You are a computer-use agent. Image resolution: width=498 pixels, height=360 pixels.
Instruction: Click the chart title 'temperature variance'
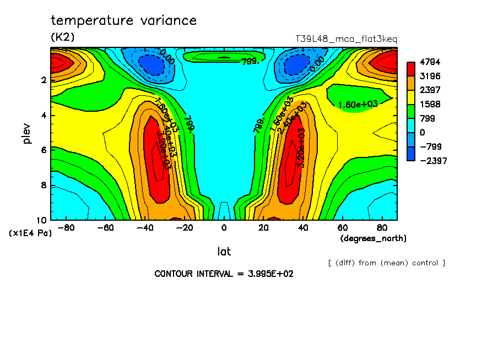point(123,21)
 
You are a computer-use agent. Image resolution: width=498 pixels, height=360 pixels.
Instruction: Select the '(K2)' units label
point(62,37)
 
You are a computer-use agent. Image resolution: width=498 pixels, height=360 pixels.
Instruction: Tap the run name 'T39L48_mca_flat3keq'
point(346,39)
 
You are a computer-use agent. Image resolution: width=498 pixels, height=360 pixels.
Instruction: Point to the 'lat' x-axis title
point(224,252)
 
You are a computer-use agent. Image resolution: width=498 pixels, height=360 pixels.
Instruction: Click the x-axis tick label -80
point(66,228)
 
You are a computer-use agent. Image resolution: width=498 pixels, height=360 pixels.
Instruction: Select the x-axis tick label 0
point(224,228)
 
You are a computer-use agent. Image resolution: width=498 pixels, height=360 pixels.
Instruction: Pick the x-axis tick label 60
point(342,228)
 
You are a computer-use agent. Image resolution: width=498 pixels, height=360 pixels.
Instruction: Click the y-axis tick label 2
point(44,80)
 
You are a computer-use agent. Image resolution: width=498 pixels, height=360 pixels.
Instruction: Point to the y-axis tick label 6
point(44,150)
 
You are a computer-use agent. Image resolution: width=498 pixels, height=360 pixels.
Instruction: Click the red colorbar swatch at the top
point(411,68)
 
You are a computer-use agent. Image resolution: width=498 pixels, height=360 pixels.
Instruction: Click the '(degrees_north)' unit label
point(373,238)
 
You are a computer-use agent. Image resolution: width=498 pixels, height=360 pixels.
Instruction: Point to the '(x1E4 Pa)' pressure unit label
point(30,233)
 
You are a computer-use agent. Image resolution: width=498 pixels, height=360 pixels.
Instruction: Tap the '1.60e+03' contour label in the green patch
point(357,105)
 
